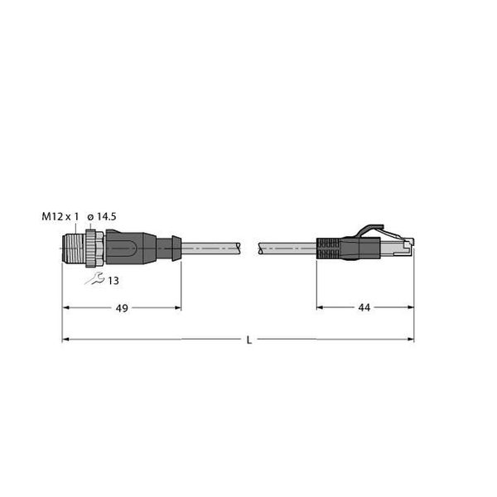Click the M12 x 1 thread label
tap(60, 217)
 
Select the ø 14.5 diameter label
tap(102, 217)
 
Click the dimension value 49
tap(121, 307)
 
